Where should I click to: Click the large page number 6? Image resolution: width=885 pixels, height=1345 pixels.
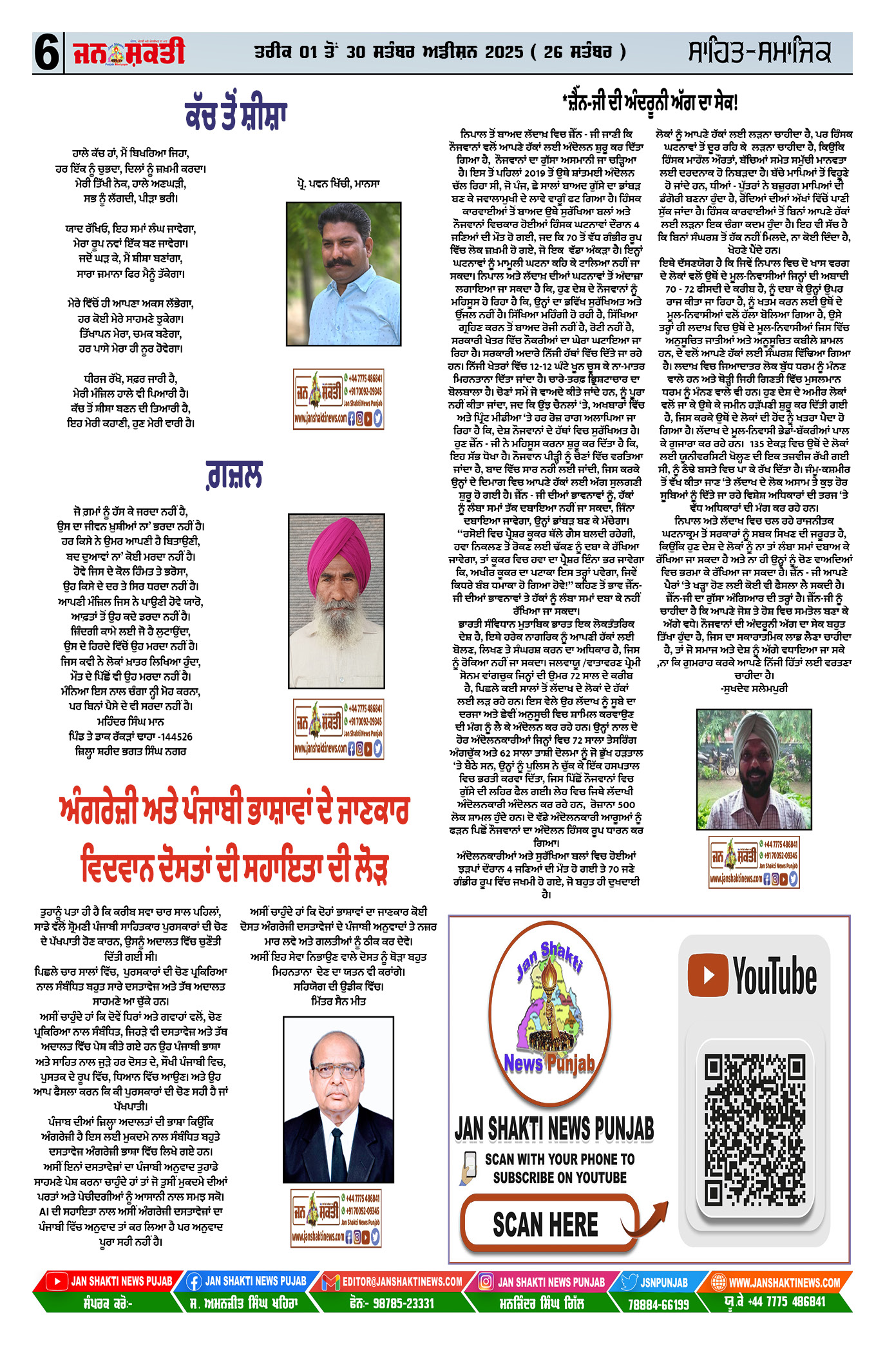(x=47, y=53)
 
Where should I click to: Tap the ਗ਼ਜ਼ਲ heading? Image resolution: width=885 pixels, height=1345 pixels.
(x=234, y=476)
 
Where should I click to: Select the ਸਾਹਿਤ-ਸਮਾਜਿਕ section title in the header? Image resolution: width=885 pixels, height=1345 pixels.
(x=759, y=52)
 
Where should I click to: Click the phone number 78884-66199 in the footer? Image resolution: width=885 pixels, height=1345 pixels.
(x=659, y=1304)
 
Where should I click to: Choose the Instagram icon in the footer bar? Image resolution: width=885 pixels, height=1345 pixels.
(x=487, y=1282)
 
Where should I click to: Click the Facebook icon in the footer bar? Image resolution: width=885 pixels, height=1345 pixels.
(x=194, y=1282)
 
